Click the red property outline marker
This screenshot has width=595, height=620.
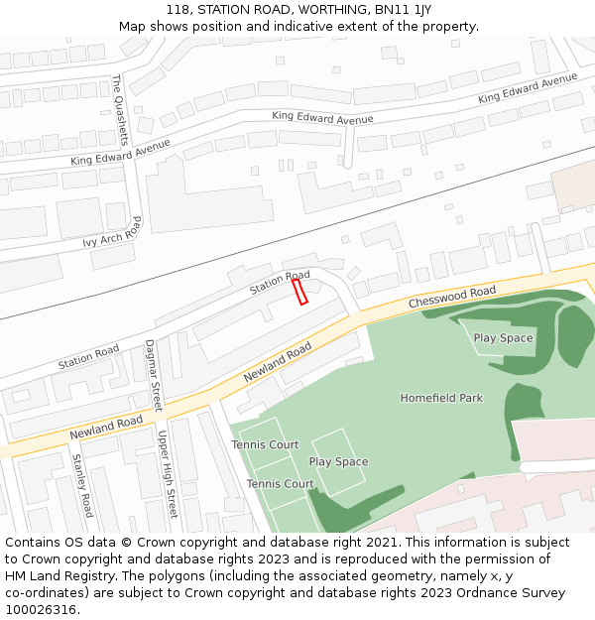[299, 292]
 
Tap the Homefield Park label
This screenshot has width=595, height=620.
[441, 398]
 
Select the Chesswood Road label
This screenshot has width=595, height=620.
[452, 297]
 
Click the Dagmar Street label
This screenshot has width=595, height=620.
[154, 375]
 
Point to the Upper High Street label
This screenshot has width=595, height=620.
[167, 474]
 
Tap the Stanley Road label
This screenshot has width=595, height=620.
[82, 485]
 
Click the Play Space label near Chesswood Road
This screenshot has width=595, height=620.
[503, 338]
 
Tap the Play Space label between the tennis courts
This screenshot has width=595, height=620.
[338, 462]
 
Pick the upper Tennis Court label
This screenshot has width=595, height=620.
[265, 445]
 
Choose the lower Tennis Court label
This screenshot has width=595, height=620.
[280, 484]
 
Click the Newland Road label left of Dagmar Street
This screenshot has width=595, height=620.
[106, 429]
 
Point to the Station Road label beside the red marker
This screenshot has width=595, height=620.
[280, 282]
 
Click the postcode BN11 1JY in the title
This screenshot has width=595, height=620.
[409, 9]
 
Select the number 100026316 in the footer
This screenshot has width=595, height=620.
[41, 609]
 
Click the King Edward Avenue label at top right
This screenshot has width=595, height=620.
[527, 88]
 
